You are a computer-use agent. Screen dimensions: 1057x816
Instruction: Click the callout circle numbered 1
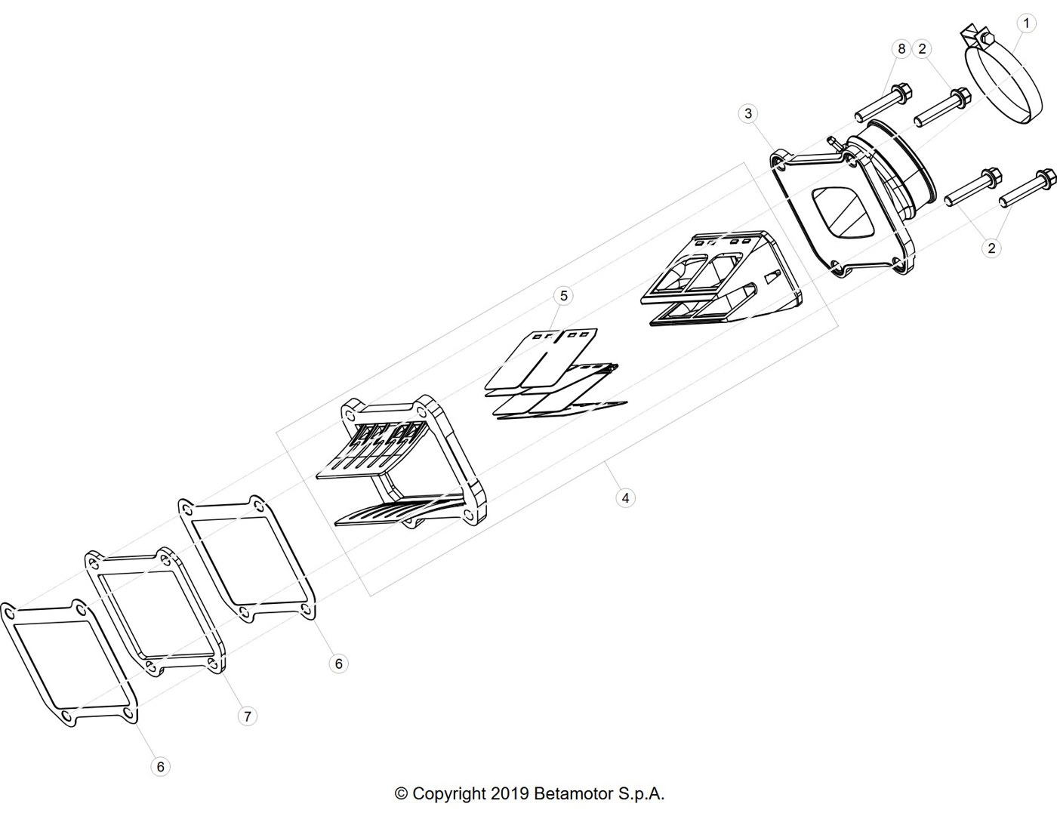pyautogui.click(x=1026, y=23)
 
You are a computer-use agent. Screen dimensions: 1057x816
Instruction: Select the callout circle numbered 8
pyautogui.click(x=901, y=48)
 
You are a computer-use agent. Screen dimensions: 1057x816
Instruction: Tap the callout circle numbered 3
pyautogui.click(x=748, y=113)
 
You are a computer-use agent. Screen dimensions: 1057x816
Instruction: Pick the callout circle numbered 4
pyautogui.click(x=626, y=498)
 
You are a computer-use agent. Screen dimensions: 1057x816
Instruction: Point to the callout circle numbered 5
pyautogui.click(x=564, y=296)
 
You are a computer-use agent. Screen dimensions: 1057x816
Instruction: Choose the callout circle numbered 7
pyautogui.click(x=248, y=716)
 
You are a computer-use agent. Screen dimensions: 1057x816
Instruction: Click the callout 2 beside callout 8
pyautogui.click(x=922, y=48)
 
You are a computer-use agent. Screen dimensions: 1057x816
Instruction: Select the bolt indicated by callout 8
pyautogui.click(x=883, y=103)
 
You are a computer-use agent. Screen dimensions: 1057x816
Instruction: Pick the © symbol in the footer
pyautogui.click(x=402, y=794)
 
